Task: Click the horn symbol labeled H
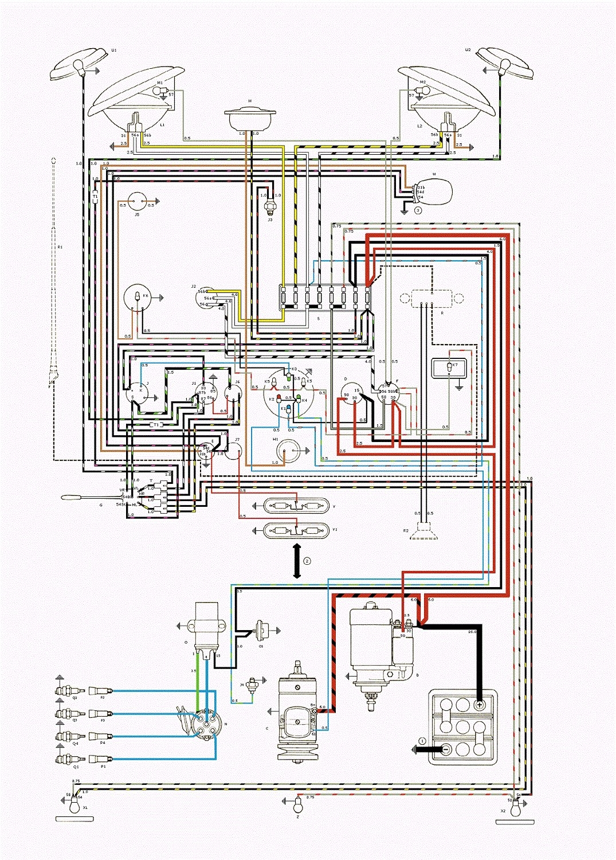[x=250, y=119]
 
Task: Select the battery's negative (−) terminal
[x=446, y=749]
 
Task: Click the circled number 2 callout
[x=307, y=560]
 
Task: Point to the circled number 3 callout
[x=418, y=210]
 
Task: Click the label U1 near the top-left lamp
[x=113, y=50]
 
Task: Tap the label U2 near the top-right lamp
[x=468, y=50]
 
